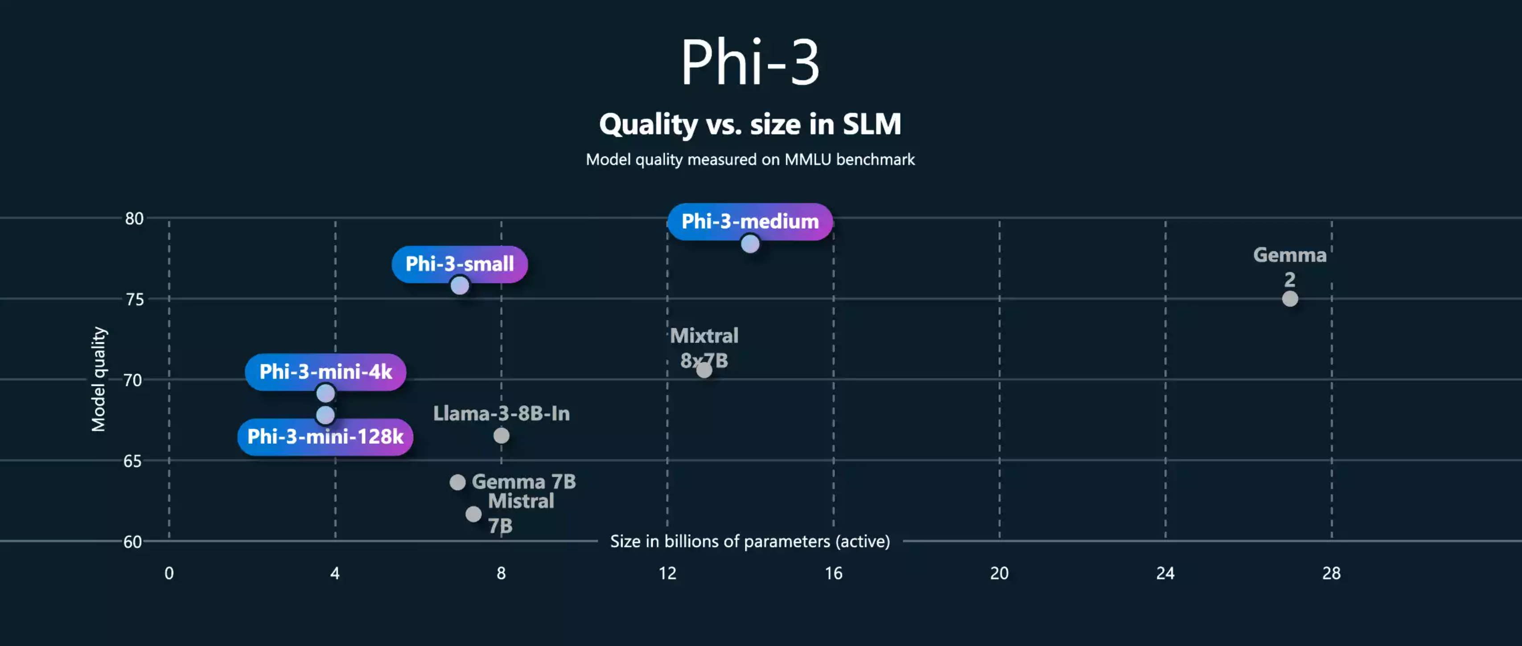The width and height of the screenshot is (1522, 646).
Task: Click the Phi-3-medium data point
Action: pos(750,243)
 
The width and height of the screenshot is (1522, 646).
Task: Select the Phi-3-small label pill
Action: pos(459,264)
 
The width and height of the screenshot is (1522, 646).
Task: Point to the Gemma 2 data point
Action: pos(1290,299)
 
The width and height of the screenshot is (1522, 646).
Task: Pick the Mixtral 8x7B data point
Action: pos(704,370)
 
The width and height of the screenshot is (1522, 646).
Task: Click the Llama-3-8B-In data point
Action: pos(501,436)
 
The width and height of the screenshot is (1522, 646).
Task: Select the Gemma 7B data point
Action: pos(457,482)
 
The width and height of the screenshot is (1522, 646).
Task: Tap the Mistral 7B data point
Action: pos(473,514)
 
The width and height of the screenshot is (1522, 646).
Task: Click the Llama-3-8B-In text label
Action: pos(501,413)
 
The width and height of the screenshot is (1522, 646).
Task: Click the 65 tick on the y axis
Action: pos(133,461)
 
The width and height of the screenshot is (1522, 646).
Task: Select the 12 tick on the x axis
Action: pos(667,573)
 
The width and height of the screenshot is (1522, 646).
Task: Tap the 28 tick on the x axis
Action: pos(1331,573)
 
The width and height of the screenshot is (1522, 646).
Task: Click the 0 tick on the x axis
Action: pos(169,573)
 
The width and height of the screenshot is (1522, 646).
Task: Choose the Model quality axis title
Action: pos(99,379)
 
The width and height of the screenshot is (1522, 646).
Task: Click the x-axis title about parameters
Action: pos(750,541)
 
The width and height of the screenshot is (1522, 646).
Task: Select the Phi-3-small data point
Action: pos(460,286)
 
